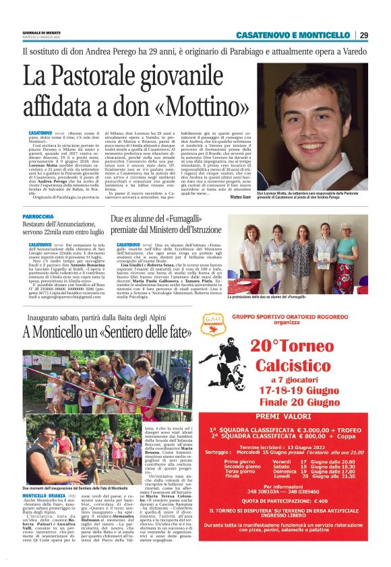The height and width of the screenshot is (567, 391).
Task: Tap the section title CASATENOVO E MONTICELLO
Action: pos(293,35)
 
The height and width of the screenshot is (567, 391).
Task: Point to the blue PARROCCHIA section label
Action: pos(38,216)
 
